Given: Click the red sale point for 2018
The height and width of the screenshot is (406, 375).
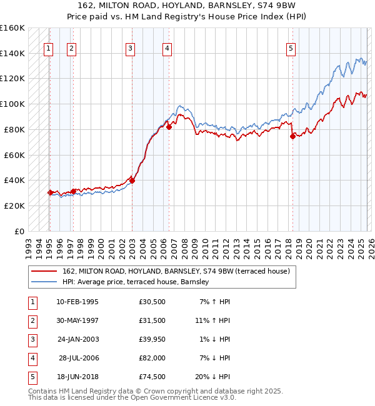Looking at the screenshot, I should pyautogui.click(x=292, y=137).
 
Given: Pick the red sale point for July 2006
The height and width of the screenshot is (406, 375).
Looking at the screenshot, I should pyautogui.click(x=169, y=127).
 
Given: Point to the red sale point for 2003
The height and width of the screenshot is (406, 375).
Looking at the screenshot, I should pyautogui.click(x=132, y=181).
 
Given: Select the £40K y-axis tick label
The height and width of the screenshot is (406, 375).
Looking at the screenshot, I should pyautogui.click(x=14, y=181).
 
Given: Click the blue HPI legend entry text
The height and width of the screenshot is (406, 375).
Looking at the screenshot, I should pyautogui.click(x=136, y=282).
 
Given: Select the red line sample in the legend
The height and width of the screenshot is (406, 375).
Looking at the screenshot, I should pyautogui.click(x=44, y=272).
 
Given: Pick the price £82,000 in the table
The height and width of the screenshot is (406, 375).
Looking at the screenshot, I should pyautogui.click(x=152, y=358).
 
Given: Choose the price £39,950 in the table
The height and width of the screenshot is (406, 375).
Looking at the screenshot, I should pyautogui.click(x=152, y=339).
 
